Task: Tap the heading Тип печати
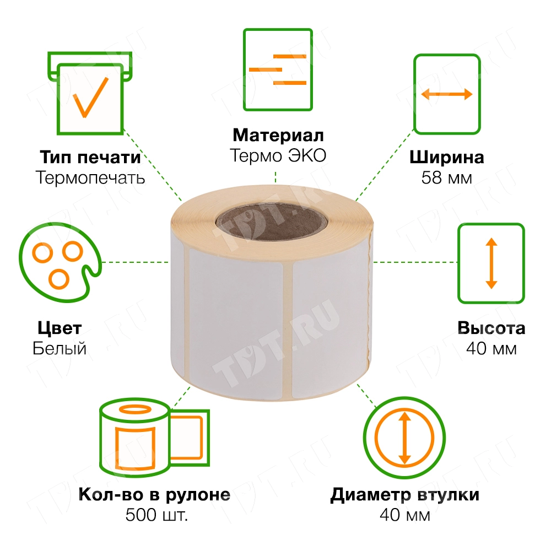90,157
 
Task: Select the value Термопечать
90,177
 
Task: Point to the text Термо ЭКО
278,156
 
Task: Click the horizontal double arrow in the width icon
446,94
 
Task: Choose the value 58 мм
446,178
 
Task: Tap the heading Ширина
446,158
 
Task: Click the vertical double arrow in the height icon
491,263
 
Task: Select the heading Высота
491,328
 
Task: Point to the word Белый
60,349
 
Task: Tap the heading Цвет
60,329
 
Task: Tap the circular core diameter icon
404,438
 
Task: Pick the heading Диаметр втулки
404,495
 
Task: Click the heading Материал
278,136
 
